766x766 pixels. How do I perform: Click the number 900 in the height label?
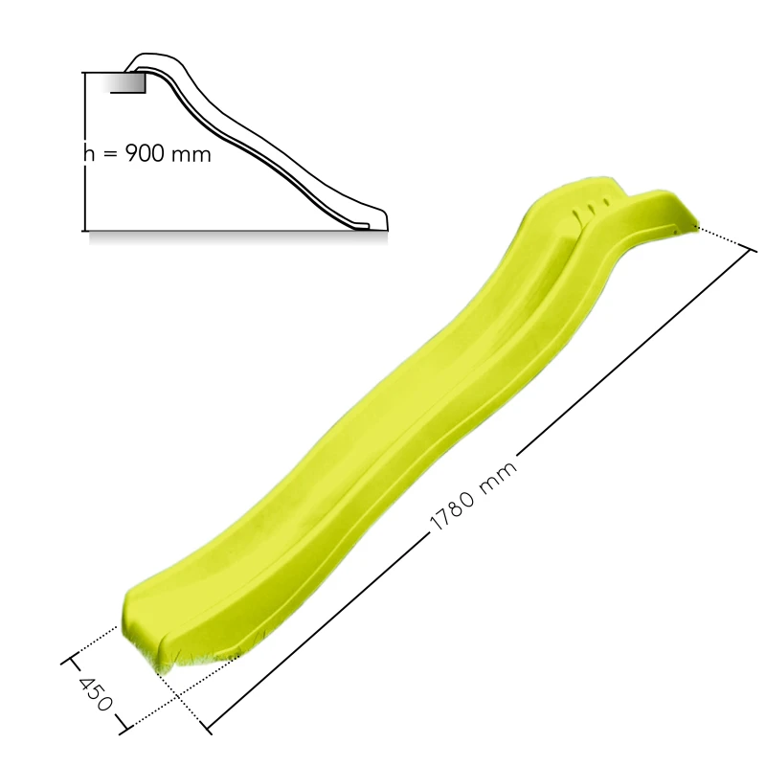coord(146,153)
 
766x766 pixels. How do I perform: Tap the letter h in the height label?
coord(89,153)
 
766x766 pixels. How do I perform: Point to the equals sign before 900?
coord(110,154)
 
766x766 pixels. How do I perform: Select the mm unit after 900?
coord(191,155)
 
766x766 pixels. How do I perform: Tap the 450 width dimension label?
coord(96,693)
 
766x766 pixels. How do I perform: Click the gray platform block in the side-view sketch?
coord(128,82)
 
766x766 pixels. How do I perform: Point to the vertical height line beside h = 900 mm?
coord(85,151)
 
